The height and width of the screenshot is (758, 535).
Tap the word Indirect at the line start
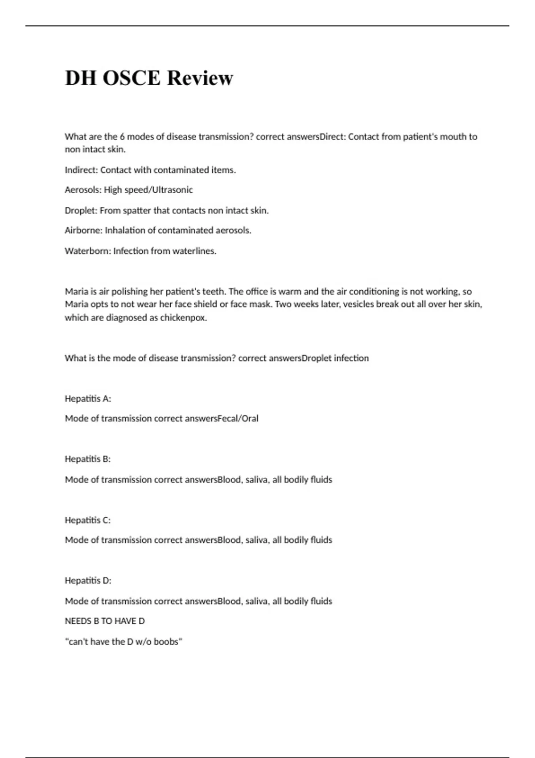(81, 170)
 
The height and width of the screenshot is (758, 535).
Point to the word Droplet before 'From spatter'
(80, 210)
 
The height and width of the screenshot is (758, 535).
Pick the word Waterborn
(87, 251)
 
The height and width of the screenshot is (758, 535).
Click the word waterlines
(194, 251)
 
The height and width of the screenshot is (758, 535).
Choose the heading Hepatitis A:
(88, 399)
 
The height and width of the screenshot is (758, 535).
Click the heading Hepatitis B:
(88, 459)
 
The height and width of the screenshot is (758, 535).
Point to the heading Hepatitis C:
(88, 520)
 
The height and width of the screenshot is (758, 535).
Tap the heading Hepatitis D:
(88, 581)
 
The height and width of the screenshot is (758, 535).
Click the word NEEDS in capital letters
(78, 621)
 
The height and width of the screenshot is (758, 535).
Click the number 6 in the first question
(122, 137)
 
